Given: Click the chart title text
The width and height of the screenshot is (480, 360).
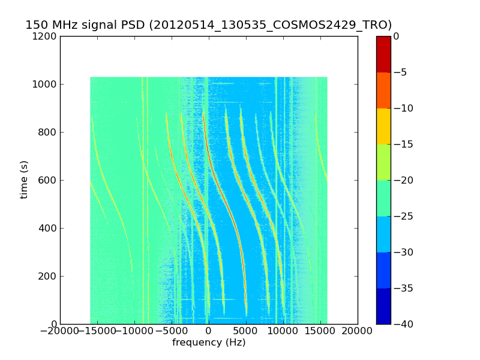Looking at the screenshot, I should click(208, 25).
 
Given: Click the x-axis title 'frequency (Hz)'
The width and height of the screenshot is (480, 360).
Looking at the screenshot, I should click(209, 343).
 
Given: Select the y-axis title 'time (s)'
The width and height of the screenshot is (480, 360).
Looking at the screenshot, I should click(24, 179).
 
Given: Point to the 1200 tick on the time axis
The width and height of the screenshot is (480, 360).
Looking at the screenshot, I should click(46, 37).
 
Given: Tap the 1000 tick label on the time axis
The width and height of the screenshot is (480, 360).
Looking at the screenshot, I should click(46, 85).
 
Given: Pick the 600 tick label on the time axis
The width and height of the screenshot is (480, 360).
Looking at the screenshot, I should click(48, 181).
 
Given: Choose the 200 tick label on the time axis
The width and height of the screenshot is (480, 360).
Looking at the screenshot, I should click(48, 277).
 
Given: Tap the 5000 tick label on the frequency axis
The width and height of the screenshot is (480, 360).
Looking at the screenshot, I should click(246, 331).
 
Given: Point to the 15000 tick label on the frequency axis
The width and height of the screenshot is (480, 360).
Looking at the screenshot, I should click(320, 331).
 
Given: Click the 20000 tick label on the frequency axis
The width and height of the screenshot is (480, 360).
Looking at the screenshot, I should click(358, 331).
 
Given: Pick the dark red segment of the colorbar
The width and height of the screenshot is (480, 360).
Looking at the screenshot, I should click(383, 54).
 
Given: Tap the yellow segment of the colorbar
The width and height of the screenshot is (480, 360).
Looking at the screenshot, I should click(383, 126).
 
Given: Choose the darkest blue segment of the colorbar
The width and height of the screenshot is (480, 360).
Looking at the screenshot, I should click(383, 306).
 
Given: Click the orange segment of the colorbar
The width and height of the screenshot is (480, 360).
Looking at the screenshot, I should click(383, 90).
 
